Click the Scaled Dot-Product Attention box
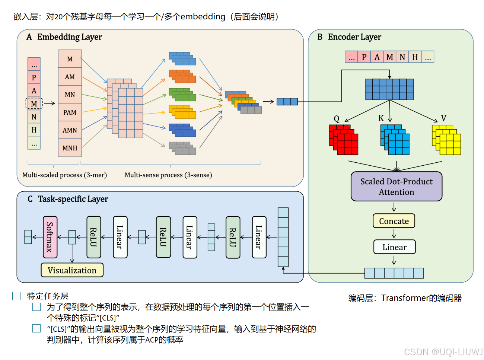point(397,187)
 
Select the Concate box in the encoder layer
point(394,221)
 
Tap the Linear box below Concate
point(394,247)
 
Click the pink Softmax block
point(50,237)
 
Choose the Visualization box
point(72,270)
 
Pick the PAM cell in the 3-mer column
point(70,112)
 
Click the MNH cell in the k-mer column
point(70,148)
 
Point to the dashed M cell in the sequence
point(34,103)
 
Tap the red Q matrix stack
point(344,140)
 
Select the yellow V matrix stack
point(446,140)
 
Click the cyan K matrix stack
point(395,140)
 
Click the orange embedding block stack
point(182,77)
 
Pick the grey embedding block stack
point(182,149)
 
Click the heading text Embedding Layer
point(69,37)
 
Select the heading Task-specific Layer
point(73,199)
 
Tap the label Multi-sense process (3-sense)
point(168,175)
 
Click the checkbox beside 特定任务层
point(16,296)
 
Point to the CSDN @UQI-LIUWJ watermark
point(443,352)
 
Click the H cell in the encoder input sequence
point(415,57)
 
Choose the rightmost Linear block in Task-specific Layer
point(259,237)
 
